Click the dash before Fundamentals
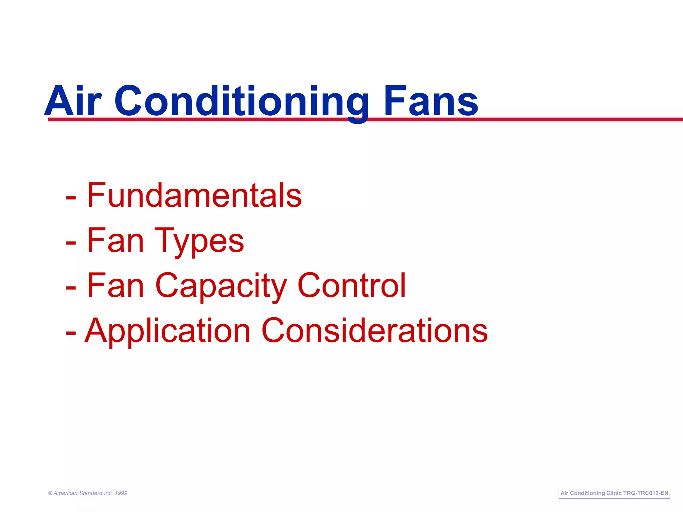[x=71, y=198]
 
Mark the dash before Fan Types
[x=71, y=243]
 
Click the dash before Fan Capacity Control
[x=71, y=288]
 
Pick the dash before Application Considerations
[x=71, y=333]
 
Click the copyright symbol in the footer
[x=50, y=493]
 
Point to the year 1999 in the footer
[x=121, y=493]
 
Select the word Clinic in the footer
[x=614, y=493]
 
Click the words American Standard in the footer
[x=78, y=493]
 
